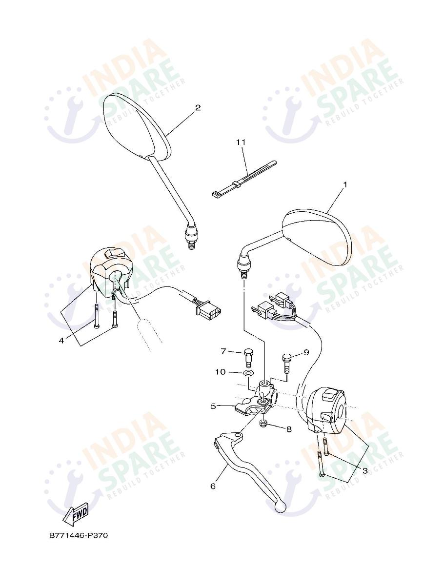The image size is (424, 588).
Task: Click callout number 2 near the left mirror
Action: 198,107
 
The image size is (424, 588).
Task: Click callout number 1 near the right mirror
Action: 345,184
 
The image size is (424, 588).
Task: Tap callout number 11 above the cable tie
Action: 241,142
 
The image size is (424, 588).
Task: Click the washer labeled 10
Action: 248,373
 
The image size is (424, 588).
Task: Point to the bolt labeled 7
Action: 248,356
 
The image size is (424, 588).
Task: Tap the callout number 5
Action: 213,406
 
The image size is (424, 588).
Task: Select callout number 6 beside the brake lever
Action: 213,486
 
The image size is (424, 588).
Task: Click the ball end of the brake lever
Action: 280,508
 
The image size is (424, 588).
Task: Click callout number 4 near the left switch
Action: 61,341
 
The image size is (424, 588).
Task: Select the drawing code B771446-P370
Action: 78,535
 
